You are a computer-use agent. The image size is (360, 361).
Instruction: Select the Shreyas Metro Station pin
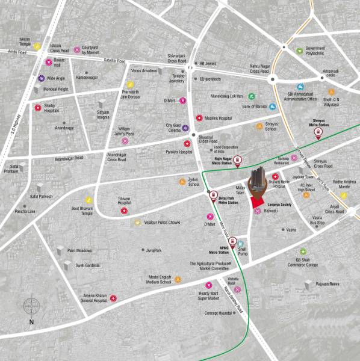(317, 135)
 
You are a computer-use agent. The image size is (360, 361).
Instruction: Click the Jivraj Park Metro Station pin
(213, 195)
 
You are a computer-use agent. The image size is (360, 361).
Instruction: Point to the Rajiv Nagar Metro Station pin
(237, 161)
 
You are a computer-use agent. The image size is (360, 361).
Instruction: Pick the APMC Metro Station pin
(232, 244)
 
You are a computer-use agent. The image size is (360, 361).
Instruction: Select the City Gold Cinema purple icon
(185, 128)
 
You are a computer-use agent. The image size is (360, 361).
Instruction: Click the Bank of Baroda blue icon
(272, 106)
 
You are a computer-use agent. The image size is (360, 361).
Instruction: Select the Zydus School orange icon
(182, 181)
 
